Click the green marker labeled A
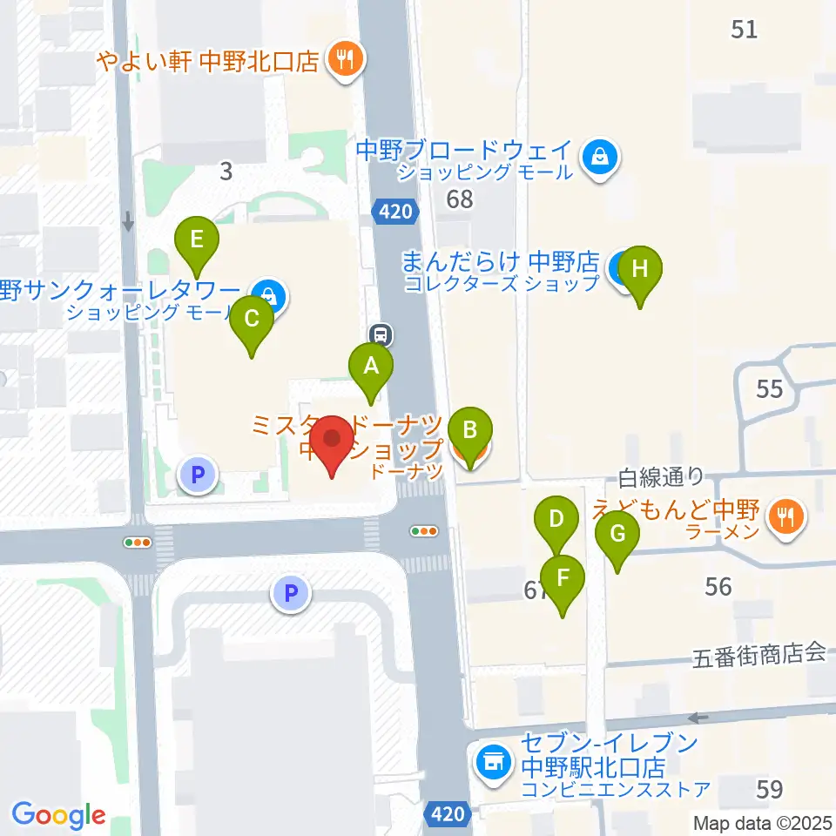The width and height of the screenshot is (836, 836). pyautogui.click(x=371, y=366)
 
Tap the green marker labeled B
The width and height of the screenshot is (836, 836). pyautogui.click(x=469, y=429)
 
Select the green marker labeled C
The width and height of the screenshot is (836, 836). pyautogui.click(x=252, y=319)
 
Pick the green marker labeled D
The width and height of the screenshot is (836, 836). pyautogui.click(x=556, y=521)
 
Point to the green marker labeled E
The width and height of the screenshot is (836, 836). pyautogui.click(x=197, y=239)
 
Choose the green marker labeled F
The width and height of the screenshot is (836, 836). pyautogui.click(x=563, y=577)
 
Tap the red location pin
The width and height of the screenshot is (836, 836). pyautogui.click(x=333, y=438)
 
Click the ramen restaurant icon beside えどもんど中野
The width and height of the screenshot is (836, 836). pyautogui.click(x=786, y=517)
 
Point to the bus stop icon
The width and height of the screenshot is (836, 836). pyautogui.click(x=380, y=333)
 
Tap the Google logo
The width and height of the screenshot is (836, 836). pyautogui.click(x=58, y=814)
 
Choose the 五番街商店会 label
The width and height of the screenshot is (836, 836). pyautogui.click(x=758, y=654)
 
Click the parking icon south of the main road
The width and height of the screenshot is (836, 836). pyautogui.click(x=292, y=595)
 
